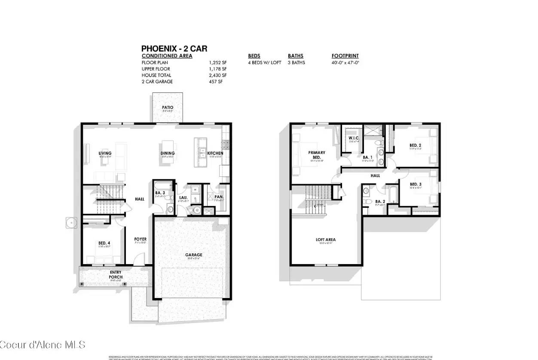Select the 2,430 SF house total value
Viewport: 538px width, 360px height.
(218, 75)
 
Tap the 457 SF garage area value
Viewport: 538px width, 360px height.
(218, 82)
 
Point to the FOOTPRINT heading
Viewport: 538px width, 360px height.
(345, 56)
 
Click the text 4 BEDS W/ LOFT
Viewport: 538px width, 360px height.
(264, 62)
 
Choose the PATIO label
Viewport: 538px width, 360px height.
(167, 108)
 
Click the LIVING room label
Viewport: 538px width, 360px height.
(105, 153)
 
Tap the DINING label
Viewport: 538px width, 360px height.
(168, 153)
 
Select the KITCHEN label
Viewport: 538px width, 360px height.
(215, 153)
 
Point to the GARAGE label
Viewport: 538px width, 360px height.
(193, 255)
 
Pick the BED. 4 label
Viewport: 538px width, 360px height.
(104, 243)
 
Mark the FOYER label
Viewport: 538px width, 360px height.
(141, 239)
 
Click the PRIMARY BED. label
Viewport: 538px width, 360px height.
(316, 155)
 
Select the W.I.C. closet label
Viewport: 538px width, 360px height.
(353, 138)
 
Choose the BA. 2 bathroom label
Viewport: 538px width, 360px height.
(380, 201)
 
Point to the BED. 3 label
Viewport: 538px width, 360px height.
(415, 184)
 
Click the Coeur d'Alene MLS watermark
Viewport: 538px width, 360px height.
(43, 345)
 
